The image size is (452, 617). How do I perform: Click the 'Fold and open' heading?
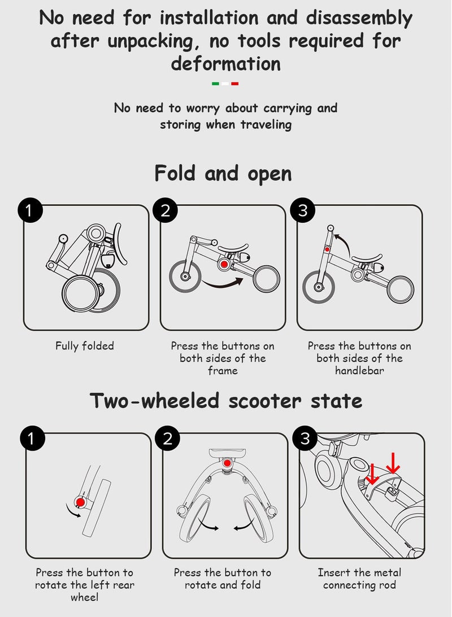tap(223, 174)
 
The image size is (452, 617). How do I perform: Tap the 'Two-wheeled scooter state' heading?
tap(226, 401)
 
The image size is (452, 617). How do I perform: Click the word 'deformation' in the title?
tap(225, 63)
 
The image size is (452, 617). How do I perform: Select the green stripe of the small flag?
tap(215, 84)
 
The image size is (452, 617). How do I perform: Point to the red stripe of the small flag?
tap(235, 84)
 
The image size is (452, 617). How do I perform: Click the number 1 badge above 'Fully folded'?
tap(29, 210)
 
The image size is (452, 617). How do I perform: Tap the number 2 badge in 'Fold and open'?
tap(166, 210)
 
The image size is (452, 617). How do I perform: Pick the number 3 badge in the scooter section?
tap(306, 438)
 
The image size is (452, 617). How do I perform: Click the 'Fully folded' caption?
tap(85, 346)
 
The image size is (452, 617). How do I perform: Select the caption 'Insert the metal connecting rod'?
tap(359, 579)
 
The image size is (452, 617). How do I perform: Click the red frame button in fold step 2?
tap(224, 265)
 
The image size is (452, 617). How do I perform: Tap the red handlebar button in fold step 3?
tap(327, 249)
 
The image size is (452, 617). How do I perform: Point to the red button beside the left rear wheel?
tap(80, 502)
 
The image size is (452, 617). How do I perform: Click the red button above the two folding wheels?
tap(227, 463)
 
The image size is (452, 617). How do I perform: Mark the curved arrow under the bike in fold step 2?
tap(223, 284)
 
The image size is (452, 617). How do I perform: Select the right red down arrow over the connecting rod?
tap(393, 463)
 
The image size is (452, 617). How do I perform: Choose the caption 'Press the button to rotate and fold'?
tap(223, 579)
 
